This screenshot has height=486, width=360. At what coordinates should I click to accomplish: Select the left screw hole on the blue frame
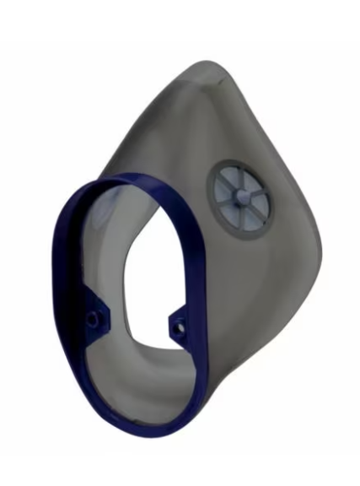94,318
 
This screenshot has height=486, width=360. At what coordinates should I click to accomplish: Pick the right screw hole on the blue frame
179,321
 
